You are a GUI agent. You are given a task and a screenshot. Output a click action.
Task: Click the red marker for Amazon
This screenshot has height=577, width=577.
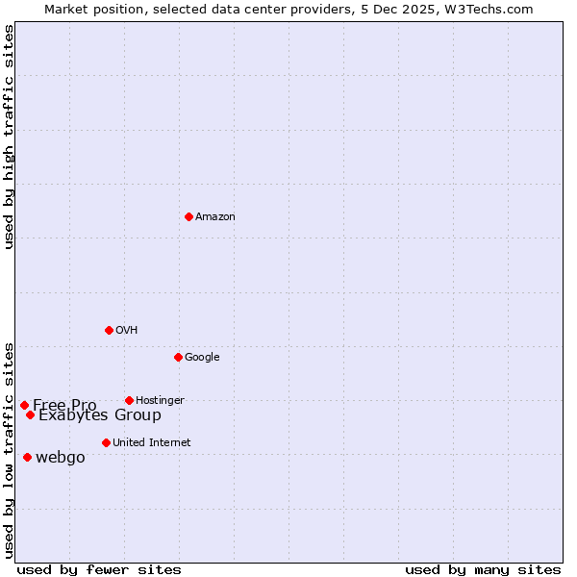pos(188,216)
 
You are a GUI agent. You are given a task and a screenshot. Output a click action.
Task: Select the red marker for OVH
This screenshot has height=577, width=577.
pos(109,330)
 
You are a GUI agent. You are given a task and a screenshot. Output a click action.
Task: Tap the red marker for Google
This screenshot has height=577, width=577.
pos(178,357)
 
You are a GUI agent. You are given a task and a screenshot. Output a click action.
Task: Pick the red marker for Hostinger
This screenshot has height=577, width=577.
pos(129,400)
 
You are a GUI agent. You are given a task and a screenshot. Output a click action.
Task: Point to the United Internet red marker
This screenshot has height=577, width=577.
pos(106,442)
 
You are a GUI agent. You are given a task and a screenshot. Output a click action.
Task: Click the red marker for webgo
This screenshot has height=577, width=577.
pos(27,457)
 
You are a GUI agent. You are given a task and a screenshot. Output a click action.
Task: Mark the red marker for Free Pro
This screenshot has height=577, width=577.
pos(24,405)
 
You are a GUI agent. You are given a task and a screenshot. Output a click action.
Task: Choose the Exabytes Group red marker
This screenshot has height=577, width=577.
pos(30,414)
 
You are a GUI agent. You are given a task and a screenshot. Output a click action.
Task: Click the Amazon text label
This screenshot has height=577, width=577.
pos(214,217)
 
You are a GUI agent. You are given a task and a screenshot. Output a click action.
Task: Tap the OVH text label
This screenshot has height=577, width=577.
pos(126,331)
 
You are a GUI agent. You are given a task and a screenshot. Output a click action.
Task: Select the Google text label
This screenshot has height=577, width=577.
pos(202,358)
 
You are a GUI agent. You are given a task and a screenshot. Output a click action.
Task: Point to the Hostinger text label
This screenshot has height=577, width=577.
pos(160,400)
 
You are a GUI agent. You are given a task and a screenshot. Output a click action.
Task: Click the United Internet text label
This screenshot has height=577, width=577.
pos(151,443)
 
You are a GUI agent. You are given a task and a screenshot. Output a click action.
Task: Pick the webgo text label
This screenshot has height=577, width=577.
pos(60,458)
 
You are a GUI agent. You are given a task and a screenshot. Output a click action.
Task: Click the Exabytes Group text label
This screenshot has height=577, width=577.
pos(100,415)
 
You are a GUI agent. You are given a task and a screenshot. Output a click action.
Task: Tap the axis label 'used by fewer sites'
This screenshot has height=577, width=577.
pos(98,569)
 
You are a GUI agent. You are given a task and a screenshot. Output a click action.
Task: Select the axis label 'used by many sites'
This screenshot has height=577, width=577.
pos(483,569)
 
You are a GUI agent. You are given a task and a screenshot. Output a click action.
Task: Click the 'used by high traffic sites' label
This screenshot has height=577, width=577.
pos(9,136)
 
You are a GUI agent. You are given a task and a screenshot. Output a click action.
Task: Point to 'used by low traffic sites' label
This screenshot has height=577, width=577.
pos(9,449)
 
